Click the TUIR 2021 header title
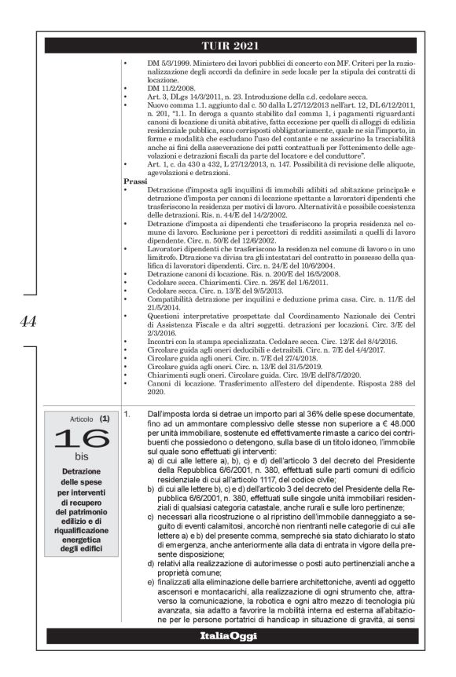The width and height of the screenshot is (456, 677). pyautogui.click(x=229, y=44)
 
